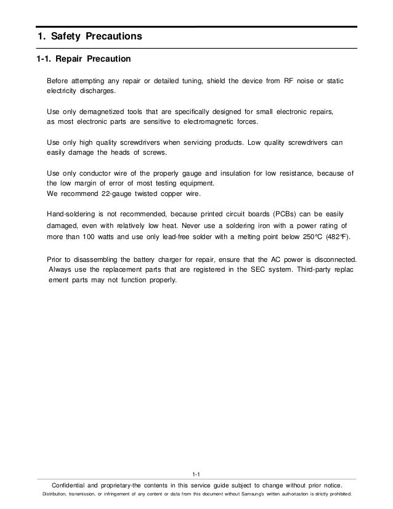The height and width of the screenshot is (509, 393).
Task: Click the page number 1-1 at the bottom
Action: coord(197,474)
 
